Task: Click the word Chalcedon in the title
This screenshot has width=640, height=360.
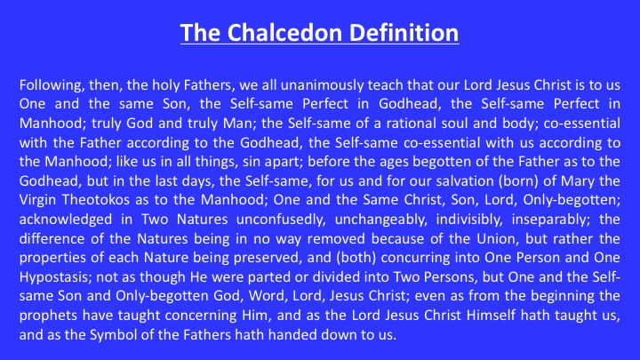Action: click(x=284, y=33)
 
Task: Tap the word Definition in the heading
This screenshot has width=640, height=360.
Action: click(x=404, y=33)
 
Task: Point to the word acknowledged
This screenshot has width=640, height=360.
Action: click(x=66, y=220)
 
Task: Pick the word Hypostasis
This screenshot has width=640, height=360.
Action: click(x=56, y=277)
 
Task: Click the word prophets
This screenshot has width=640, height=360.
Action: click(x=48, y=316)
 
